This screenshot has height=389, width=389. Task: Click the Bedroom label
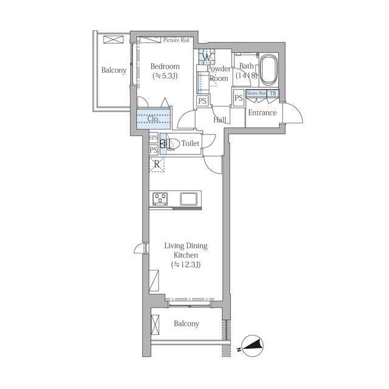pyautogui.click(x=165, y=66)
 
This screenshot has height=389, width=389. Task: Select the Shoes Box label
pyautogui.click(x=256, y=93)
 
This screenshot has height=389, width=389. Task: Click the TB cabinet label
pyautogui.click(x=273, y=93)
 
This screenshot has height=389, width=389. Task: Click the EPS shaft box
pyautogui.click(x=154, y=137)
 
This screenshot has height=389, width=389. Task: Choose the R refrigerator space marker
pyautogui.click(x=157, y=164)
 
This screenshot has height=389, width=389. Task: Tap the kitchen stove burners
pyautogui.click(x=160, y=199)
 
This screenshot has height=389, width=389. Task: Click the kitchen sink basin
pyautogui.click(x=189, y=199)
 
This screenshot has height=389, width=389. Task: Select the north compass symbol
pyautogui.click(x=252, y=345)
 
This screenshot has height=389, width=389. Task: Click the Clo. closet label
pyautogui.click(x=153, y=119)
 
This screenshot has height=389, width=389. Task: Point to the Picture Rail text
pyautogui.click(x=176, y=40)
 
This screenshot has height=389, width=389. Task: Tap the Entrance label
pyautogui.click(x=262, y=113)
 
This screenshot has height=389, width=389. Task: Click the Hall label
pyautogui.click(x=220, y=120)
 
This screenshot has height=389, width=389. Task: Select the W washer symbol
pyautogui.click(x=207, y=58)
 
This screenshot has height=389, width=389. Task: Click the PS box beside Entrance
pyautogui.click(x=239, y=98)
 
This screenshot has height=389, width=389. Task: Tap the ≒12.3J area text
pyautogui.click(x=186, y=265)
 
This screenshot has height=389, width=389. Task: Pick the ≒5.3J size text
pyautogui.click(x=165, y=75)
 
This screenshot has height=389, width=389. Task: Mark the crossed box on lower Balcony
pyautogui.click(x=155, y=325)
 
